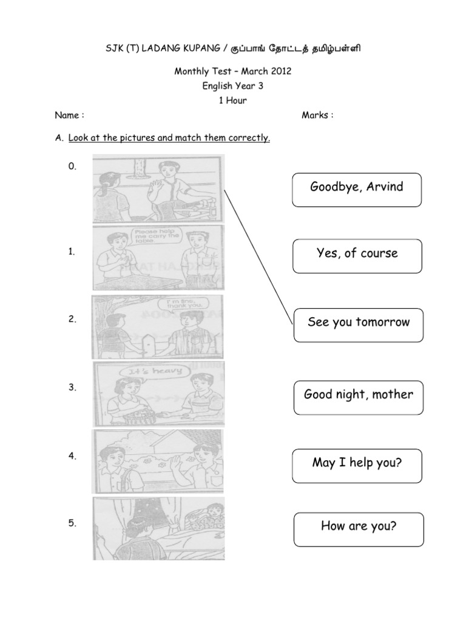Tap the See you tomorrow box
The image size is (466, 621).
click(x=358, y=323)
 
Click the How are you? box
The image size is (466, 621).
click(x=358, y=528)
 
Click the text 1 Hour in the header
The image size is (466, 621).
click(x=233, y=101)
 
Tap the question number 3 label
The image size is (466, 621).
click(x=72, y=388)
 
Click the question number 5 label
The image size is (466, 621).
click(x=72, y=525)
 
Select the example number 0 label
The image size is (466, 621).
click(x=72, y=167)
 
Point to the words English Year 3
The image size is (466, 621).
click(x=233, y=86)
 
